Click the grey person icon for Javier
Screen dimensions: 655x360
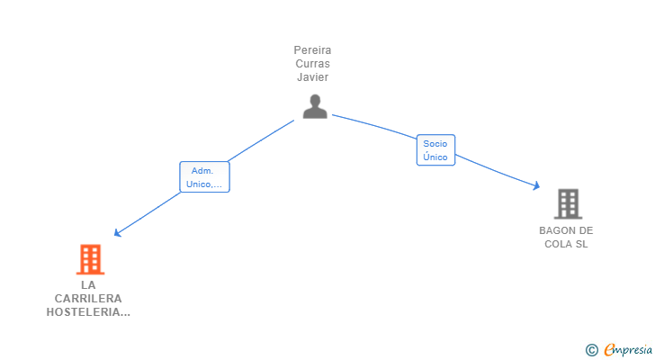click(314, 106)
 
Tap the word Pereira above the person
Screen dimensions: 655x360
click(312, 50)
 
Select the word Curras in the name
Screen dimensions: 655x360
click(312, 64)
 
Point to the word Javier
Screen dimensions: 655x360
click(312, 77)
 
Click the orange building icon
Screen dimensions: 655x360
click(90, 259)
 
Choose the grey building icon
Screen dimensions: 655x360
click(567, 204)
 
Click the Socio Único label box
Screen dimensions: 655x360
click(435, 150)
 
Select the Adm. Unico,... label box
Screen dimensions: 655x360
click(204, 177)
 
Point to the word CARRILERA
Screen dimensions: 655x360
click(88, 299)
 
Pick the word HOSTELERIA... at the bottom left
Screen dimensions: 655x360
click(88, 312)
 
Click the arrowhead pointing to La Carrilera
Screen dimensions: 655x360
click(116, 234)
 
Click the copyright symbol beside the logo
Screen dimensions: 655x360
click(591, 350)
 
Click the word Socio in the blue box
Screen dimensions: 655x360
click(435, 144)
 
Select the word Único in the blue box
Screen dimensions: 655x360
click(435, 157)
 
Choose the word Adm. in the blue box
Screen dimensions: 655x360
click(202, 170)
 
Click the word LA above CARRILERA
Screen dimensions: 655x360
click(88, 285)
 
